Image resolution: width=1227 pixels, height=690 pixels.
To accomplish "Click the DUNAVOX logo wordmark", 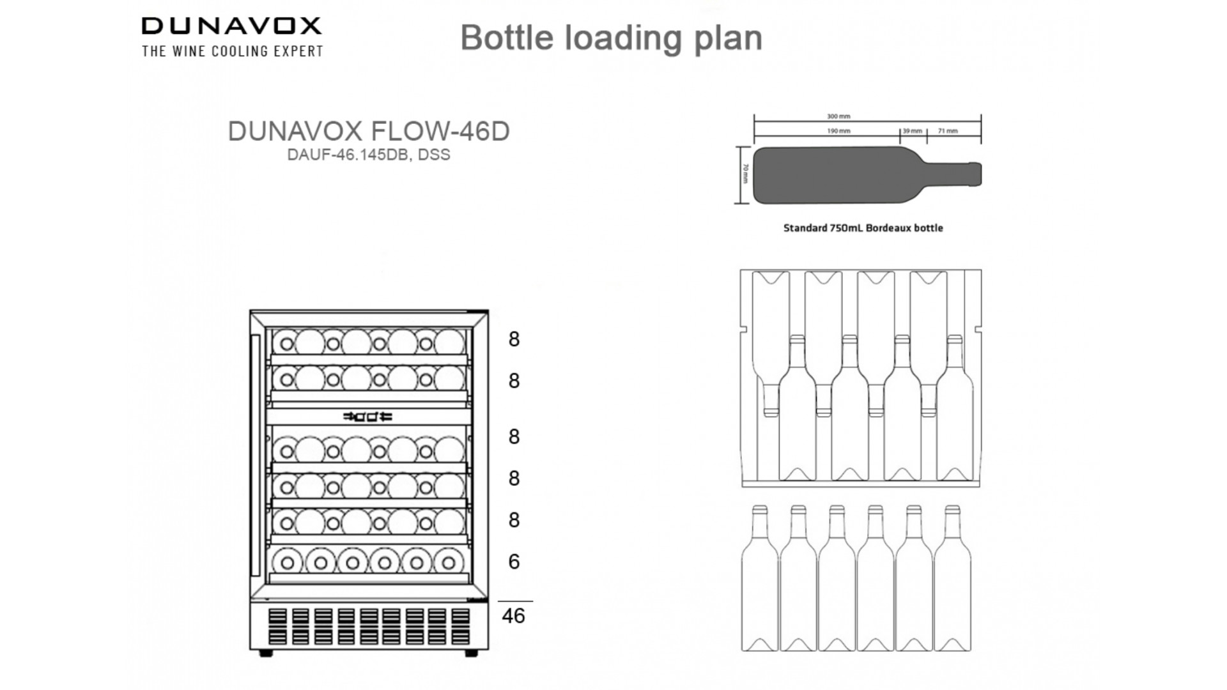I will [x=231, y=26].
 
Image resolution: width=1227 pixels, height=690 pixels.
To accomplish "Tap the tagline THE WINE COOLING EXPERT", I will [x=233, y=51].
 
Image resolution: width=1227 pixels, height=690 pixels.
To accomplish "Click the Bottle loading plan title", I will [x=611, y=38].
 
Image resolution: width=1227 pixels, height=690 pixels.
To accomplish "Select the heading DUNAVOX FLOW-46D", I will [x=369, y=131].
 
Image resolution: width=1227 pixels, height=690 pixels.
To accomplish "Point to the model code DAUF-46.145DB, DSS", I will [x=369, y=155].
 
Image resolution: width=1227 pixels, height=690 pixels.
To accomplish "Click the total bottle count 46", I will [x=513, y=616].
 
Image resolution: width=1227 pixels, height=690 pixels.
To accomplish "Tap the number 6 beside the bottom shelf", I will [x=514, y=562].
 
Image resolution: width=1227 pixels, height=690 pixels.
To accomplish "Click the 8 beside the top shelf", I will [x=514, y=339].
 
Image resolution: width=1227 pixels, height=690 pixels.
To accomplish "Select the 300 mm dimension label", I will [x=838, y=116].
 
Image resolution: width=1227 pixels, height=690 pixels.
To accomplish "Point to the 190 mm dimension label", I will [x=838, y=131].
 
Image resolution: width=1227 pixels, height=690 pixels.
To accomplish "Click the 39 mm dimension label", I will [x=912, y=131].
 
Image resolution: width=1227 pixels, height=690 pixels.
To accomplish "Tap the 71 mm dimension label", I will [x=948, y=131].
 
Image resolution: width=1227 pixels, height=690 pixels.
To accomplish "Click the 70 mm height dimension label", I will [x=745, y=174].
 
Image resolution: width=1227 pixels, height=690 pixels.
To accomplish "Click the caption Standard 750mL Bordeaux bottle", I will [x=863, y=228].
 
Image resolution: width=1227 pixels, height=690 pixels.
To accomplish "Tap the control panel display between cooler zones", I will [x=368, y=417].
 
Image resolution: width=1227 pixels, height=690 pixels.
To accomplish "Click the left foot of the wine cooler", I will [x=266, y=654].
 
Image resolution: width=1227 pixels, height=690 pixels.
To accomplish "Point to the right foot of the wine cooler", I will [x=471, y=654].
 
